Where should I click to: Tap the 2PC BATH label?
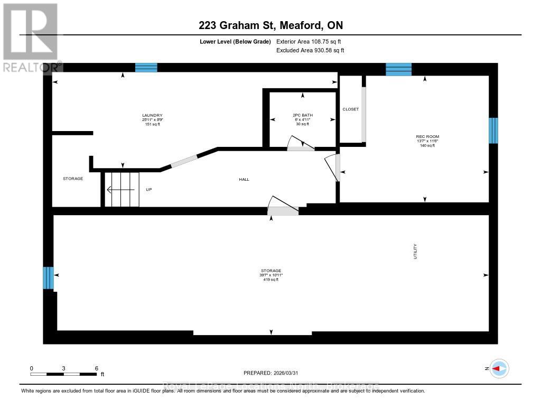point(303,115)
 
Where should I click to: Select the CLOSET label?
point(350,109)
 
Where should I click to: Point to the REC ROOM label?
point(424,136)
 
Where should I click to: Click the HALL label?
point(244,180)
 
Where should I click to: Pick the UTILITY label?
point(416,251)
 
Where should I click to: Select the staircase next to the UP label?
point(121,189)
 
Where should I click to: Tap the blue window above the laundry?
point(146,67)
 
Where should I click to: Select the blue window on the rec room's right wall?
point(493,130)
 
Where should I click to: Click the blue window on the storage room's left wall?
point(48,278)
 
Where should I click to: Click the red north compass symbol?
point(499,368)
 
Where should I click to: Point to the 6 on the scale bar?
point(96,368)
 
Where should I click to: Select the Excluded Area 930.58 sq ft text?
point(310,50)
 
